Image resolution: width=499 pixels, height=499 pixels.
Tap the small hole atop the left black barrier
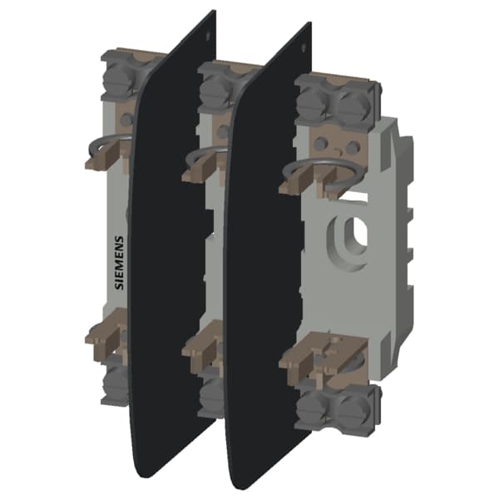[x=206, y=26]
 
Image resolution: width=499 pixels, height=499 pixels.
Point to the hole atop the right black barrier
[x=305, y=36]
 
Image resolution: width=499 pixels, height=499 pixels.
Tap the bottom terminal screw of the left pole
[x=116, y=383]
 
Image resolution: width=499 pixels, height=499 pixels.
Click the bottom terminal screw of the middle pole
[x=211, y=394]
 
